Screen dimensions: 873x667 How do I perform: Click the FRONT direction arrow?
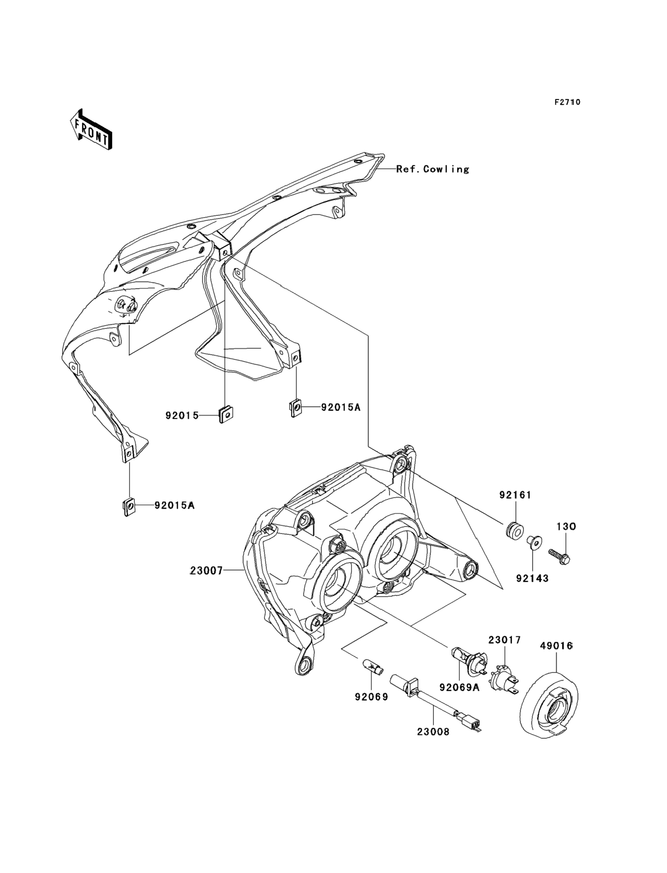pyautogui.click(x=91, y=130)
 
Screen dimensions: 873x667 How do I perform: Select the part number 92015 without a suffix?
pyautogui.click(x=182, y=415)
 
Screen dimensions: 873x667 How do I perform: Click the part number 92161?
pyautogui.click(x=515, y=495)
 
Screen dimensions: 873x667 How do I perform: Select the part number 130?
pyautogui.click(x=566, y=527)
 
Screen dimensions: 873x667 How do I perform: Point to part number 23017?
pyautogui.click(x=504, y=640)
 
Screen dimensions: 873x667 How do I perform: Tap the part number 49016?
pyautogui.click(x=556, y=646)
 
